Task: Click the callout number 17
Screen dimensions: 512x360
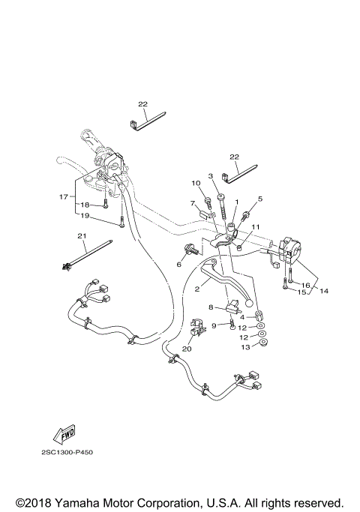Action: click(x=63, y=197)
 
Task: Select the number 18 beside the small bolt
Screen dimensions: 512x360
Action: click(x=85, y=205)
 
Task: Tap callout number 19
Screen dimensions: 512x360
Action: click(x=85, y=216)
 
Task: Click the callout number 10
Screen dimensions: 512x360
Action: click(x=195, y=183)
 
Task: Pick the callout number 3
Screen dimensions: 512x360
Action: click(x=211, y=176)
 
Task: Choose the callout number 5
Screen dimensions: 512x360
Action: click(x=260, y=199)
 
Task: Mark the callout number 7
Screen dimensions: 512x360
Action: click(x=192, y=203)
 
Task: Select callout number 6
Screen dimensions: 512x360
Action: click(x=178, y=264)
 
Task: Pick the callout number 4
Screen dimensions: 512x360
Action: click(x=242, y=317)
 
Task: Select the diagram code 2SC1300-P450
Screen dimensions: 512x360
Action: click(x=67, y=453)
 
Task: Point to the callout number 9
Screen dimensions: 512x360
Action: click(x=214, y=325)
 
